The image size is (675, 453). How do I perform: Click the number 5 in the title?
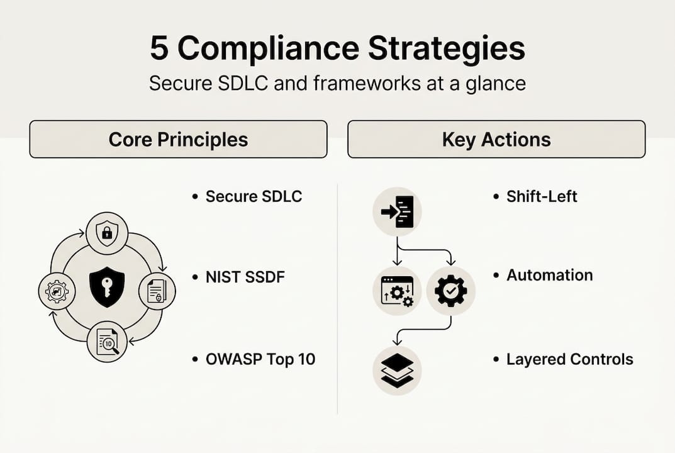159,50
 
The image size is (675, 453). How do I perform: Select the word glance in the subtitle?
494,84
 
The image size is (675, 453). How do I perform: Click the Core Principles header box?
178,139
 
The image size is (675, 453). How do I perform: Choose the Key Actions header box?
496,139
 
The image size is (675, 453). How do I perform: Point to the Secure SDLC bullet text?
254,196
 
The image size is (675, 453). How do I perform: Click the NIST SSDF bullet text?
245,276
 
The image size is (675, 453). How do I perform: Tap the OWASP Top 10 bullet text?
260,359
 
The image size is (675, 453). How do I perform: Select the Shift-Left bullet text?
542,196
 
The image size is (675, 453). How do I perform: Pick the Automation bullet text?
549,275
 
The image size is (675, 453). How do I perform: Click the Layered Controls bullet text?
569,359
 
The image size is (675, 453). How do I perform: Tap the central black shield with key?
107,287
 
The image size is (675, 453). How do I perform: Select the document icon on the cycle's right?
156,291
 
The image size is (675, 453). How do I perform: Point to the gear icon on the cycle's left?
57,291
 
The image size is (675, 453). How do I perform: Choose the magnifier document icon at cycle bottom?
107,341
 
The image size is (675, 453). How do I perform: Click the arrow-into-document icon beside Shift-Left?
397,211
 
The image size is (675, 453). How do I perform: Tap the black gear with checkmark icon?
451,291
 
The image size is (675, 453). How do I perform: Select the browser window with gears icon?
397,291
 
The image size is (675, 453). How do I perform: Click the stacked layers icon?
397,370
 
